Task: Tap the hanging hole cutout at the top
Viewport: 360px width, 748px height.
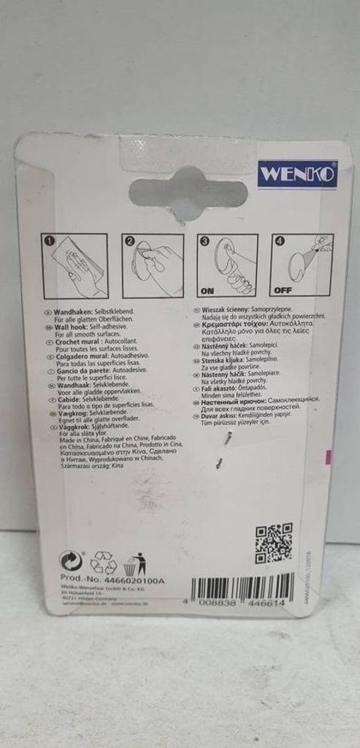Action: click(188, 191)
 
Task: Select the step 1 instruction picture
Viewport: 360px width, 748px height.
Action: click(76, 265)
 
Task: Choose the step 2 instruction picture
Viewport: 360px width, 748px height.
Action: click(154, 265)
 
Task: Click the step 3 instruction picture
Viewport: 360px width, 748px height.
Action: click(229, 265)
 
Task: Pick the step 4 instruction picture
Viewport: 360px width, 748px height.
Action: click(302, 265)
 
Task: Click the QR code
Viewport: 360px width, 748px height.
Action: click(273, 543)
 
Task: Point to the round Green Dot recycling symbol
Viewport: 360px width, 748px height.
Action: click(71, 562)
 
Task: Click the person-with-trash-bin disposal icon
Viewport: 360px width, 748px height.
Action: click(135, 563)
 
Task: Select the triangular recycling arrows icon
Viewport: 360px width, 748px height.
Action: click(103, 563)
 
